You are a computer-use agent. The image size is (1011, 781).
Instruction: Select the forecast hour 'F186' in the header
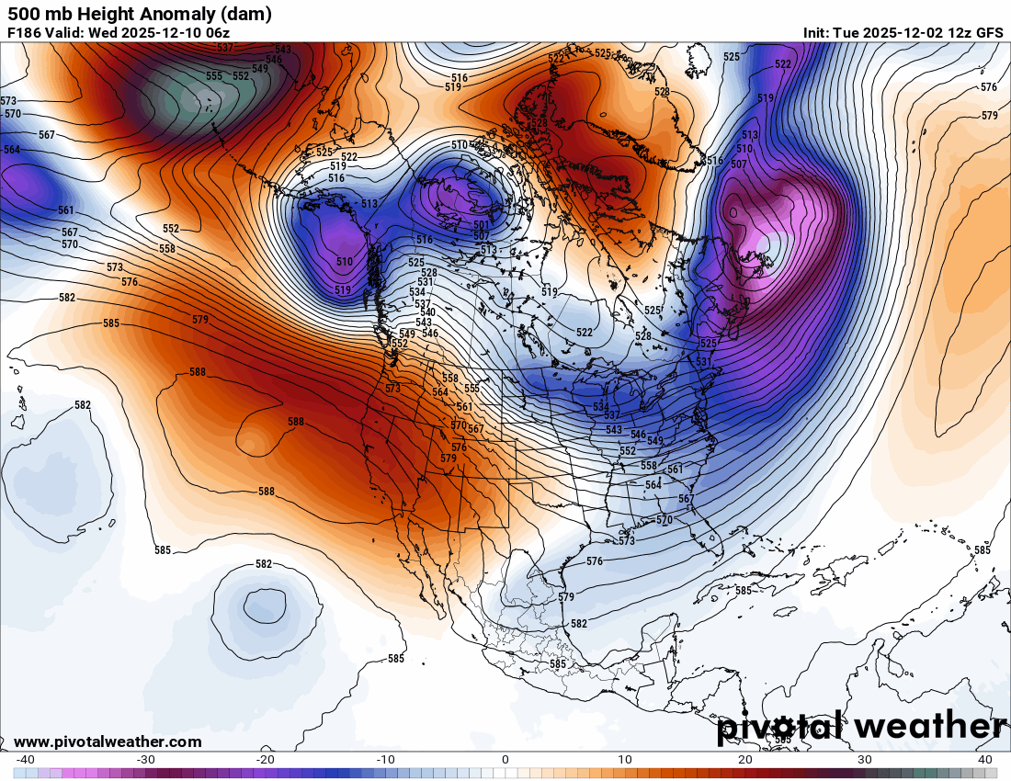point(23,32)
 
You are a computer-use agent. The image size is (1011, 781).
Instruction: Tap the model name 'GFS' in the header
point(989,32)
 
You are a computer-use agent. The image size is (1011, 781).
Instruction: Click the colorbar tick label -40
point(26,760)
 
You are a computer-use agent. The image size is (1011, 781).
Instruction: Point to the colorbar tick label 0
point(505,760)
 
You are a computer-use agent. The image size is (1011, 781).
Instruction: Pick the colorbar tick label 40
point(985,760)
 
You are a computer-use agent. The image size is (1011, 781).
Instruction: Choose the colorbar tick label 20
point(745,760)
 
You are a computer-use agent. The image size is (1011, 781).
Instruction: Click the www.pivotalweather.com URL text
point(108,741)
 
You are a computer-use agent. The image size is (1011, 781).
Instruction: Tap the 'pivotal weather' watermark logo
point(861,726)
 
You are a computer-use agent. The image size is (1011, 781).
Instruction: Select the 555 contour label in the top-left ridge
point(214,76)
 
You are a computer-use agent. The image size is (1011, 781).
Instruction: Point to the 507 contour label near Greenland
point(738,164)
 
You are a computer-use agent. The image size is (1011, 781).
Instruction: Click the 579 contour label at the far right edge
point(989,116)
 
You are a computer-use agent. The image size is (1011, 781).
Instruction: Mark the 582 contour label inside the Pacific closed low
point(264,564)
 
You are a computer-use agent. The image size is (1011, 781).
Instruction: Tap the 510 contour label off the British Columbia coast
point(344,262)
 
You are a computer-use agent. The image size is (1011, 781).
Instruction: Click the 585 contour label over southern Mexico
point(558,663)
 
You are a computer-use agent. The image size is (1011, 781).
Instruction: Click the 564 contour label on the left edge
point(12,150)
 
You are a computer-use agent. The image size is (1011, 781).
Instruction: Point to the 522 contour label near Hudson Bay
point(585,332)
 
